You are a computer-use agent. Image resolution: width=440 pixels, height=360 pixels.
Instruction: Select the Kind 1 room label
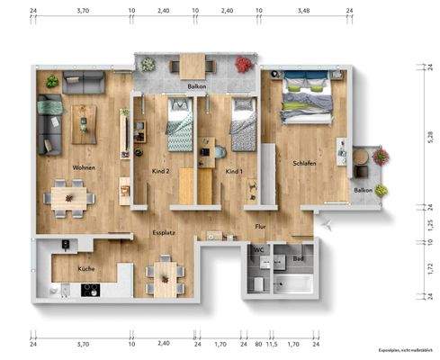click(x=234, y=171)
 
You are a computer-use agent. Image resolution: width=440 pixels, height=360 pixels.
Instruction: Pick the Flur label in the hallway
click(x=261, y=227)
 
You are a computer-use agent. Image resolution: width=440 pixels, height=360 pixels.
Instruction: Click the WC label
click(x=257, y=249)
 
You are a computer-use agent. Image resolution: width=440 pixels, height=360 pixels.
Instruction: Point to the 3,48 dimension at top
click(x=302, y=11)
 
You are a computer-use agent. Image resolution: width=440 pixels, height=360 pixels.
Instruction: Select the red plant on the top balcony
click(x=243, y=64)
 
